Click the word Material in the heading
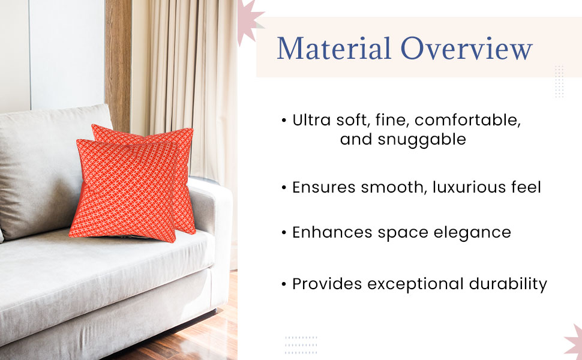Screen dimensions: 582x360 pos(334,48)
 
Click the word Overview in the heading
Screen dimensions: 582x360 pos(467,48)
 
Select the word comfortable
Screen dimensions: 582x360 pos(467,120)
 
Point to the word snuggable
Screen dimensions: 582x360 pos(422,140)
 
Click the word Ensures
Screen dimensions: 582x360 pos(323,187)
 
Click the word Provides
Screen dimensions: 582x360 pos(327,284)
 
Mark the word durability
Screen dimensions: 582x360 pos(508,284)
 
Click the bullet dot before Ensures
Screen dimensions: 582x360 pos(284,188)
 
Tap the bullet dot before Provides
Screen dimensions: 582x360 pos(284,284)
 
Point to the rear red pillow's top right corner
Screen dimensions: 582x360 pos(193,129)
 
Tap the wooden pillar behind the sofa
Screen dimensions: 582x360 pos(118,63)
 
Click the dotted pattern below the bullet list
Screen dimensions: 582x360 pos(301,345)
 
